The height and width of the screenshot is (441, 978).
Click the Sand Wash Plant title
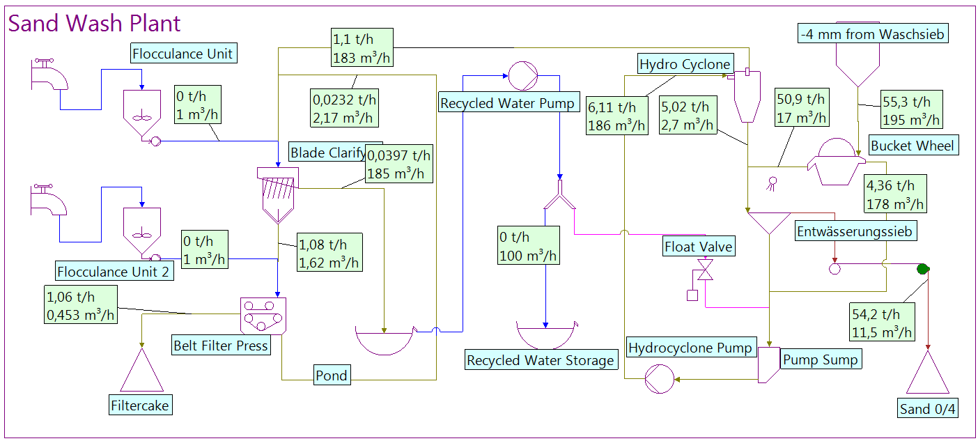(94, 24)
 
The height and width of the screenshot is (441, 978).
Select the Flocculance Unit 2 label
(114, 272)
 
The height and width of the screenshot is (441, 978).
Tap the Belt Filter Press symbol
(263, 316)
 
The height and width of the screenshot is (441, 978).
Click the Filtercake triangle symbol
(141, 373)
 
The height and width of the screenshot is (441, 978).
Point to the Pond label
(332, 376)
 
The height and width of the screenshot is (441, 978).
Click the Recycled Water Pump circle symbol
(520, 75)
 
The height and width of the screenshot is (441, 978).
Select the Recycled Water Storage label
(541, 360)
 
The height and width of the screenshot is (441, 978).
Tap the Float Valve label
(699, 247)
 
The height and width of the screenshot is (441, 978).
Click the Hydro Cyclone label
(685, 65)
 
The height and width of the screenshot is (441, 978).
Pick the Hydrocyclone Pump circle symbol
(660, 380)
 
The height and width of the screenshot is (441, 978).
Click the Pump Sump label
(821, 359)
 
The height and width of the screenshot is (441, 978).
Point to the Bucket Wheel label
(913, 146)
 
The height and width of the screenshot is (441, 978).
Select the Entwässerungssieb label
(856, 231)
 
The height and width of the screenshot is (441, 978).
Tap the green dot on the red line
(924, 269)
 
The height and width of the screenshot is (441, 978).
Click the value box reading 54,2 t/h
(881, 323)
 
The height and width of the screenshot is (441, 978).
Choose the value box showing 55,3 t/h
(912, 109)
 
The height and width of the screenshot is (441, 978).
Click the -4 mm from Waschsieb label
(873, 33)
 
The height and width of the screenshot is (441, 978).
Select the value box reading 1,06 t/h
(80, 306)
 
